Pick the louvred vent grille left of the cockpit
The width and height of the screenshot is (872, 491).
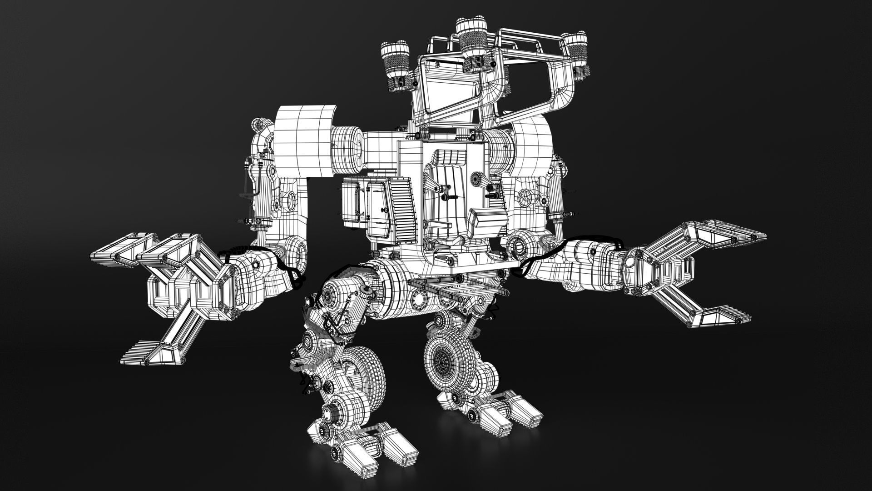click(406, 209)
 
